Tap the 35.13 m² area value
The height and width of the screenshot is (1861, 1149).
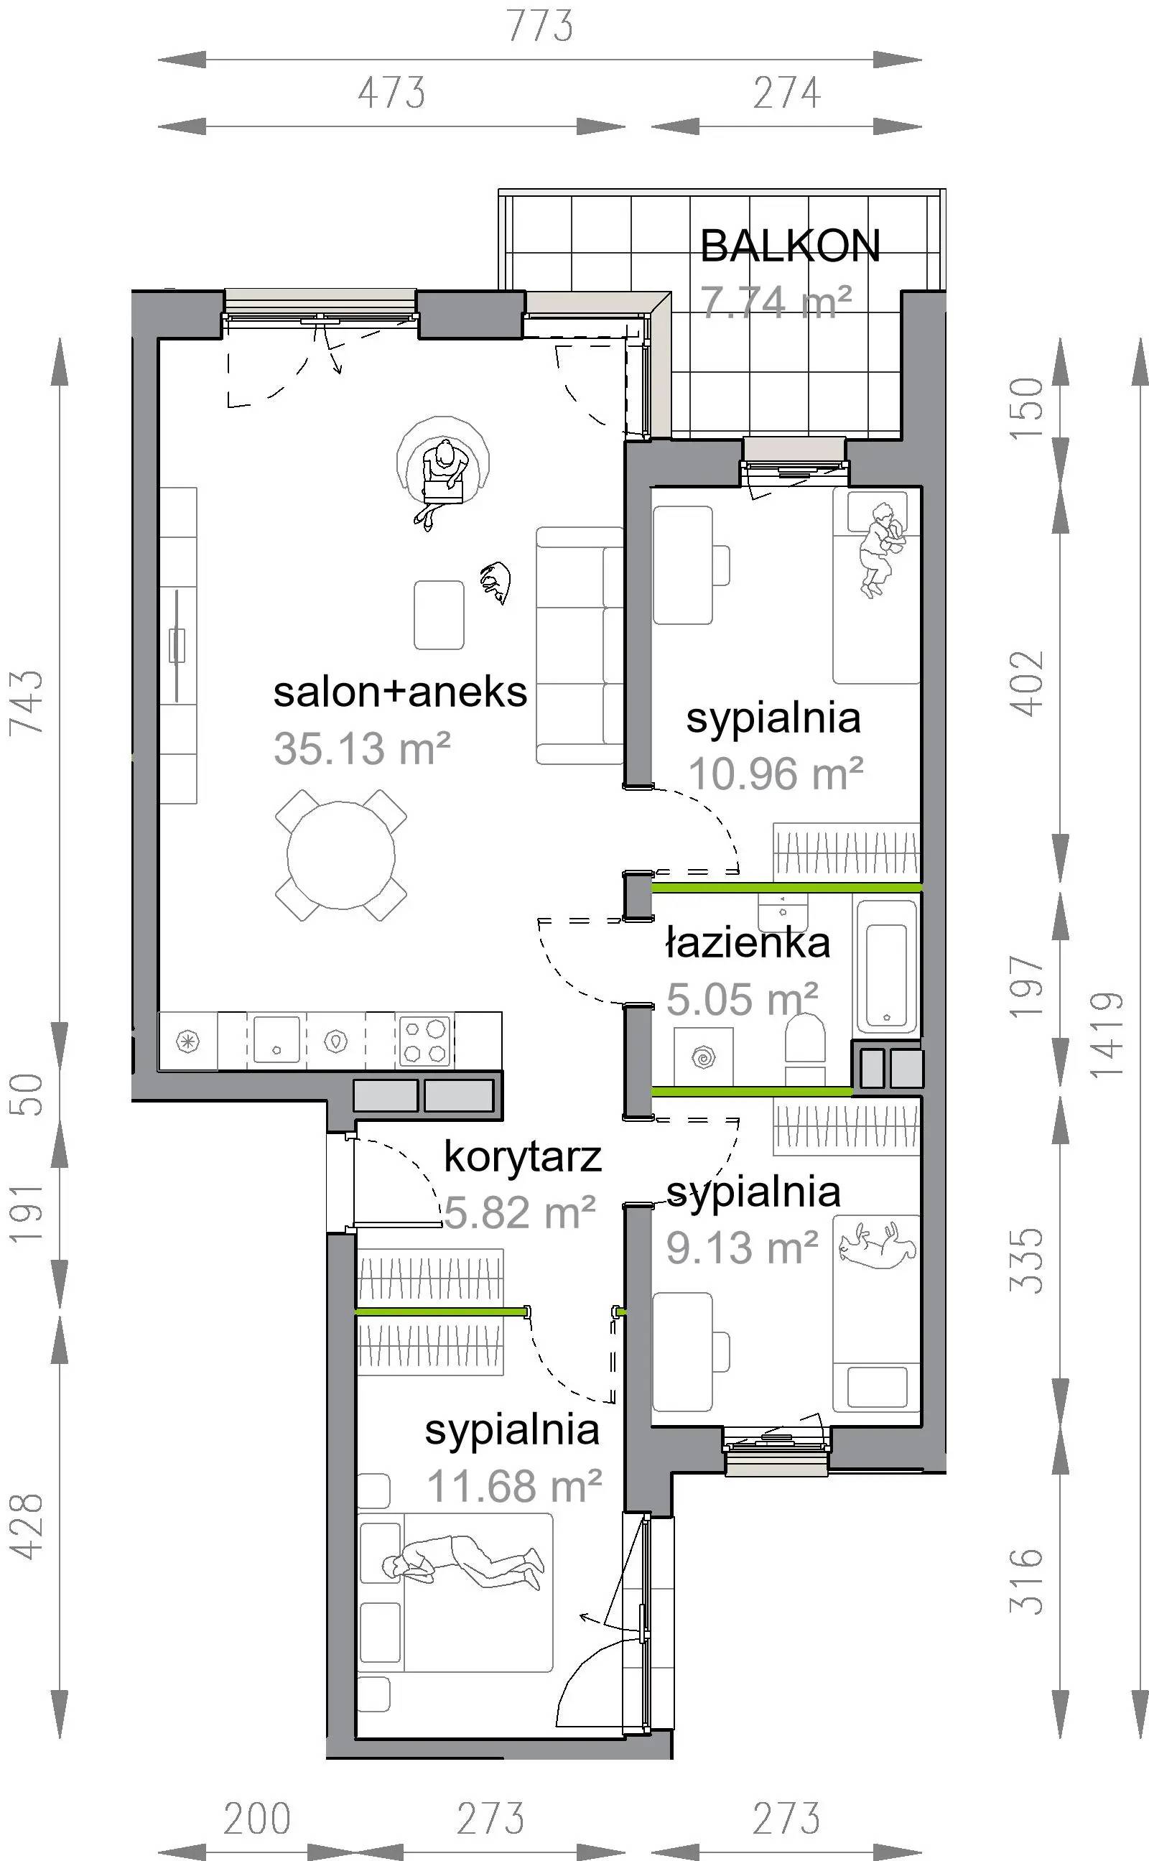362,748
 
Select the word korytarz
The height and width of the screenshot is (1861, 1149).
523,1157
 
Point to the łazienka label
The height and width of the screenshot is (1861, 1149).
748,942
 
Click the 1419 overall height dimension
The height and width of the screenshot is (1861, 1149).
1107,1035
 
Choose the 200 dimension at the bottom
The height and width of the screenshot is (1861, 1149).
257,1819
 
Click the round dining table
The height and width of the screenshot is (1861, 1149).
341,855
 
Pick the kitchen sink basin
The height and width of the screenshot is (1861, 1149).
276,1039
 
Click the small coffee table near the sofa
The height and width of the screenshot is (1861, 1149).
439,615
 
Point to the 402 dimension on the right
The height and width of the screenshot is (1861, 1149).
1026,683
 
